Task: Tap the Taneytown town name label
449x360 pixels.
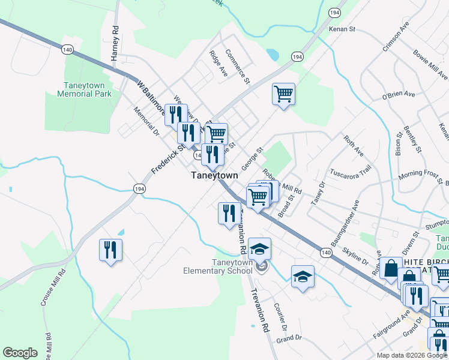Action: tap(214, 175)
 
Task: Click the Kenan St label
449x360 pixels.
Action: tap(343, 29)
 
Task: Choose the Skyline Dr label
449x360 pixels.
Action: tap(355, 254)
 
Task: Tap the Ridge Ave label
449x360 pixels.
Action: tap(218, 63)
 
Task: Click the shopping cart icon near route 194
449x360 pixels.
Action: tap(283, 95)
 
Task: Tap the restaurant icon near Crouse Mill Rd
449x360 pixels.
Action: tap(110, 250)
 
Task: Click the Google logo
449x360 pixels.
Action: tap(20, 353)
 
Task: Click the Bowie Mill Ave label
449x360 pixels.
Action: tap(430, 65)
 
